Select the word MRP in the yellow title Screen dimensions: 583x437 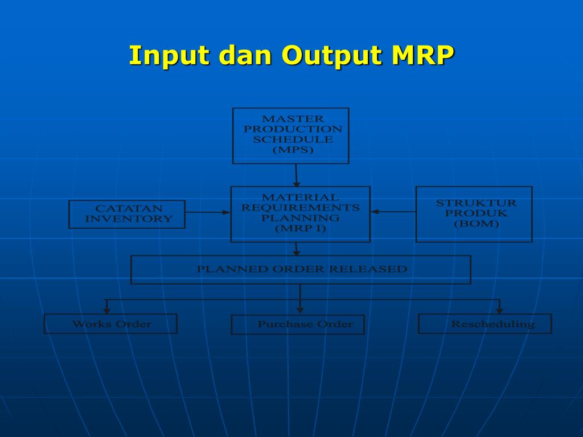tap(422, 56)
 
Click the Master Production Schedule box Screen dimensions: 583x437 tap(291, 135)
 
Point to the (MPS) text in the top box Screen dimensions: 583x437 tap(293, 150)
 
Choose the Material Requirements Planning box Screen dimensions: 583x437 tap(300, 213)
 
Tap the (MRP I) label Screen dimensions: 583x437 tap(300, 229)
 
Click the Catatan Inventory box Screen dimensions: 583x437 tap(127, 214)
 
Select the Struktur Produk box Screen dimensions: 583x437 tap(474, 214)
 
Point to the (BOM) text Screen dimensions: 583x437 tap(476, 224)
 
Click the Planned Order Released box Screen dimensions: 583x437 tap(301, 269)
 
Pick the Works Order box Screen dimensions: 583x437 tap(110, 324)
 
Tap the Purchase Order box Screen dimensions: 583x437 tap(298, 324)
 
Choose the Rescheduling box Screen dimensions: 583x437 tap(485, 324)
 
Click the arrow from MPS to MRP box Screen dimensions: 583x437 tap(296, 175)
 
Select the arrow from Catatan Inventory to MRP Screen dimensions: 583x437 tap(208, 212)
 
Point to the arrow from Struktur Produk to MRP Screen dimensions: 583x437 tap(393, 212)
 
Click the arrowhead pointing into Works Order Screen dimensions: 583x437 tap(106, 310)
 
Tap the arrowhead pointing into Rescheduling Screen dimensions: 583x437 tap(499, 310)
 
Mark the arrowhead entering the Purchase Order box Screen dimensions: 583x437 tap(300, 310)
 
